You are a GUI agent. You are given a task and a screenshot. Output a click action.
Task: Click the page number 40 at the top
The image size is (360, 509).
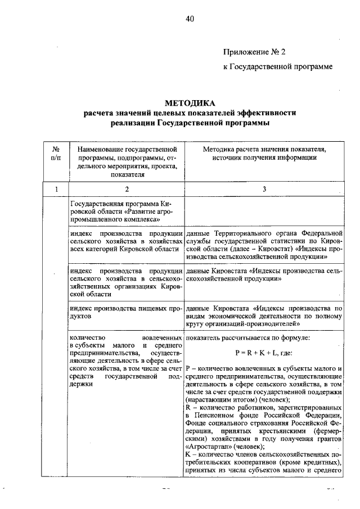tap(190, 19)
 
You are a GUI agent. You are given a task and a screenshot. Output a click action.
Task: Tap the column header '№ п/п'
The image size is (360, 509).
tap(56, 154)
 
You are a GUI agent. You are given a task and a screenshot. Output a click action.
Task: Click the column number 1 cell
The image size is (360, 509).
tap(56, 189)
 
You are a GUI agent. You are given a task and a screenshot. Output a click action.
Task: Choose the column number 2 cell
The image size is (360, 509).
tap(127, 189)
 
